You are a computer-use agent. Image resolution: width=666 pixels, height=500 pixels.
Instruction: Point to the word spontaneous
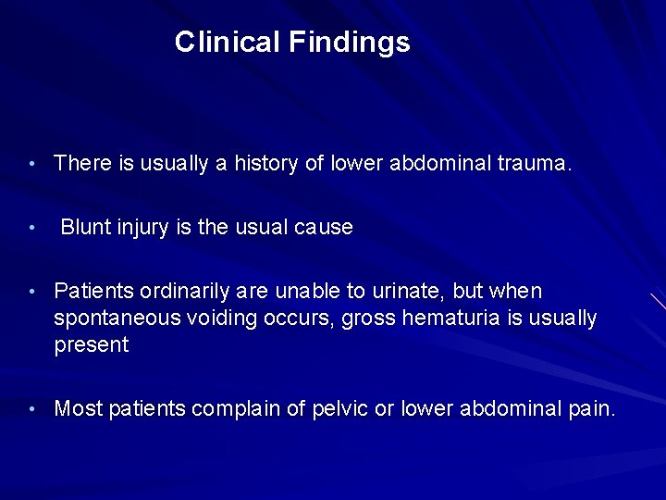116,319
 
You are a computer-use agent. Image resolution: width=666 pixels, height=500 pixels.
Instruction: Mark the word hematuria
438,319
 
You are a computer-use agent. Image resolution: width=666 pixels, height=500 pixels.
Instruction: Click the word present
92,346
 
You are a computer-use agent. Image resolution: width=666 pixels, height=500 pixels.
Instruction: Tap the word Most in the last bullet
78,408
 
